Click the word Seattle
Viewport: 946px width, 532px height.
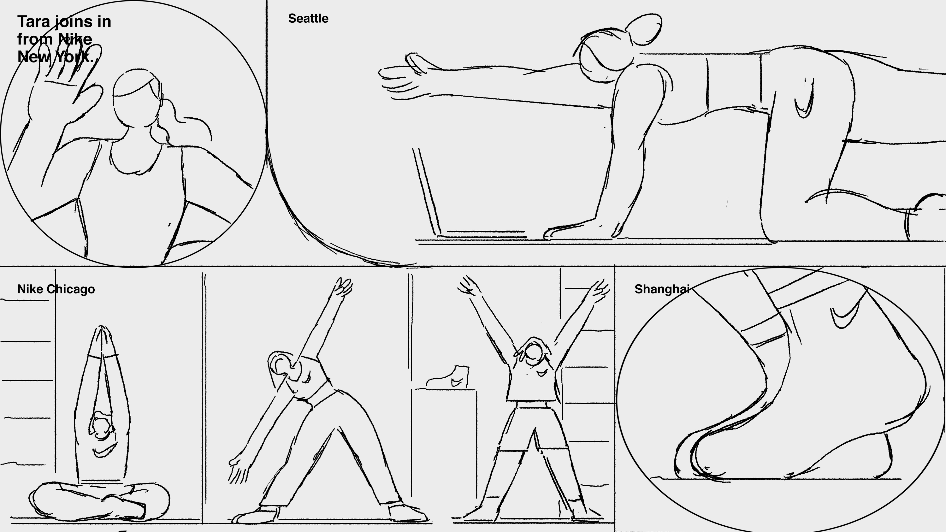(308, 18)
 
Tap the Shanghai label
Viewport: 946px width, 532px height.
(662, 289)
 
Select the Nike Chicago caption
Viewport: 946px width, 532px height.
(56, 289)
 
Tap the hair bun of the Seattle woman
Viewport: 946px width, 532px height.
(644, 29)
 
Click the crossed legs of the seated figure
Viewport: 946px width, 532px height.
(99, 501)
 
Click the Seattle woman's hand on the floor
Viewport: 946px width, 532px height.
(573, 230)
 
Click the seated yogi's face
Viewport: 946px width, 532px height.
(101, 426)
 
